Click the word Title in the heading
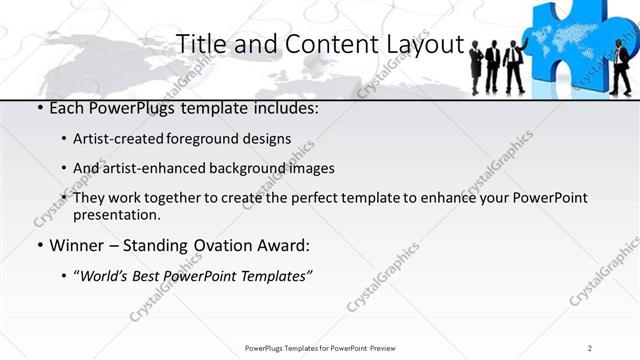(198, 45)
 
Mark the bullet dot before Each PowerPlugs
(38, 108)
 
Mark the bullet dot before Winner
(38, 245)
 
